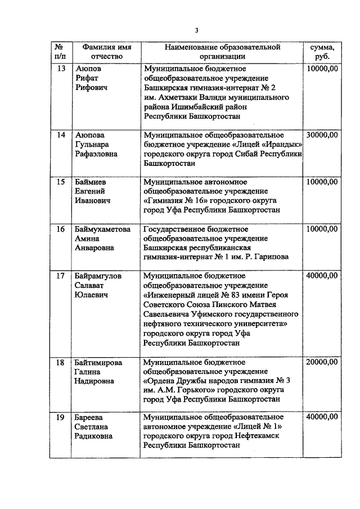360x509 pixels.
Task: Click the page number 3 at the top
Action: point(197,30)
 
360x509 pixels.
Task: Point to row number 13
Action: point(61,69)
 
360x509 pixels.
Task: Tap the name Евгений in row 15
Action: point(91,191)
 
